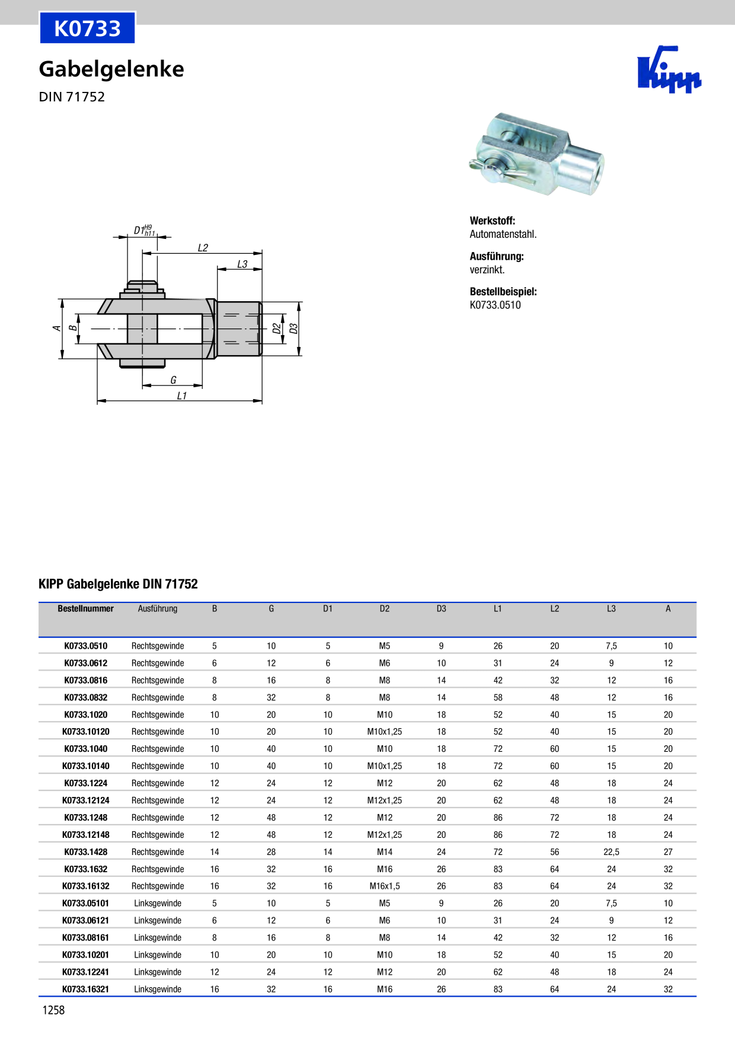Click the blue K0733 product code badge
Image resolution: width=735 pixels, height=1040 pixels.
(x=87, y=28)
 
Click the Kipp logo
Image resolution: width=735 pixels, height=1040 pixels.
(x=669, y=70)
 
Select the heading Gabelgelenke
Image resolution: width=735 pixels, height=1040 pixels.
(x=111, y=69)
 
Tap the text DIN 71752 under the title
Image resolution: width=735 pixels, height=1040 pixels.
(x=72, y=97)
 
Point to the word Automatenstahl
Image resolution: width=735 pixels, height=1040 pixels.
(x=503, y=234)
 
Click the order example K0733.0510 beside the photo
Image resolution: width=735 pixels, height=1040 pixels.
(x=495, y=305)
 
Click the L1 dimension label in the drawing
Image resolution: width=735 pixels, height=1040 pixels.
(x=182, y=395)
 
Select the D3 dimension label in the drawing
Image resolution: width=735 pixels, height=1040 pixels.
(x=293, y=328)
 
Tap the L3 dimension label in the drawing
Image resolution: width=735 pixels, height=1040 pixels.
(x=242, y=264)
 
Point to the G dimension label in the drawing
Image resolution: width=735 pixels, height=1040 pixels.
(x=173, y=380)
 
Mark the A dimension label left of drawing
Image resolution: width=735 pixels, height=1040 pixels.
(x=57, y=328)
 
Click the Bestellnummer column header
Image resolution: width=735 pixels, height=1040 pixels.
(x=85, y=609)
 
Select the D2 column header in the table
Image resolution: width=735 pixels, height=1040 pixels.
(x=385, y=609)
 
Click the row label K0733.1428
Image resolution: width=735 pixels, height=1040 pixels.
(x=85, y=852)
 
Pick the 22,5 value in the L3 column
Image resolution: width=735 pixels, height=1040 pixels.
(x=611, y=852)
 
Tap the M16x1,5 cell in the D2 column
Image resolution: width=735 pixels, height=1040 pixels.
(x=385, y=886)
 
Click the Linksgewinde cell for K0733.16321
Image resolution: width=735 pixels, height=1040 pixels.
(x=158, y=989)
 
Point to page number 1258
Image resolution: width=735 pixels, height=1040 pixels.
(x=53, y=1010)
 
